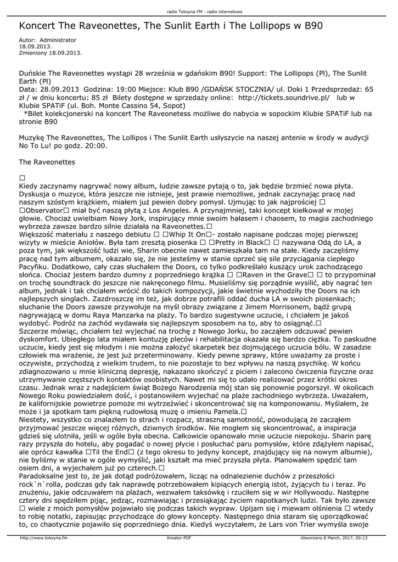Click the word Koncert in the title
38,26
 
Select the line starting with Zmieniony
51,53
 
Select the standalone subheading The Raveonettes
47,162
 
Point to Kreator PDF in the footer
179,538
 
